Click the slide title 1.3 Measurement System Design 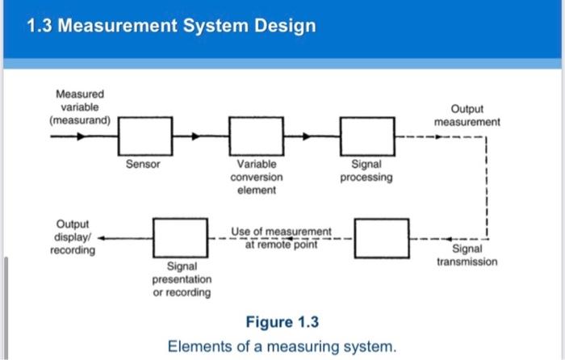tap(171, 26)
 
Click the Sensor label tap(144, 164)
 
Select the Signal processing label tap(366, 170)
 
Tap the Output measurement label tap(467, 115)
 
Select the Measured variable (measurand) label tap(81, 107)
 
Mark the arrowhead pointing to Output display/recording tap(102, 237)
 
